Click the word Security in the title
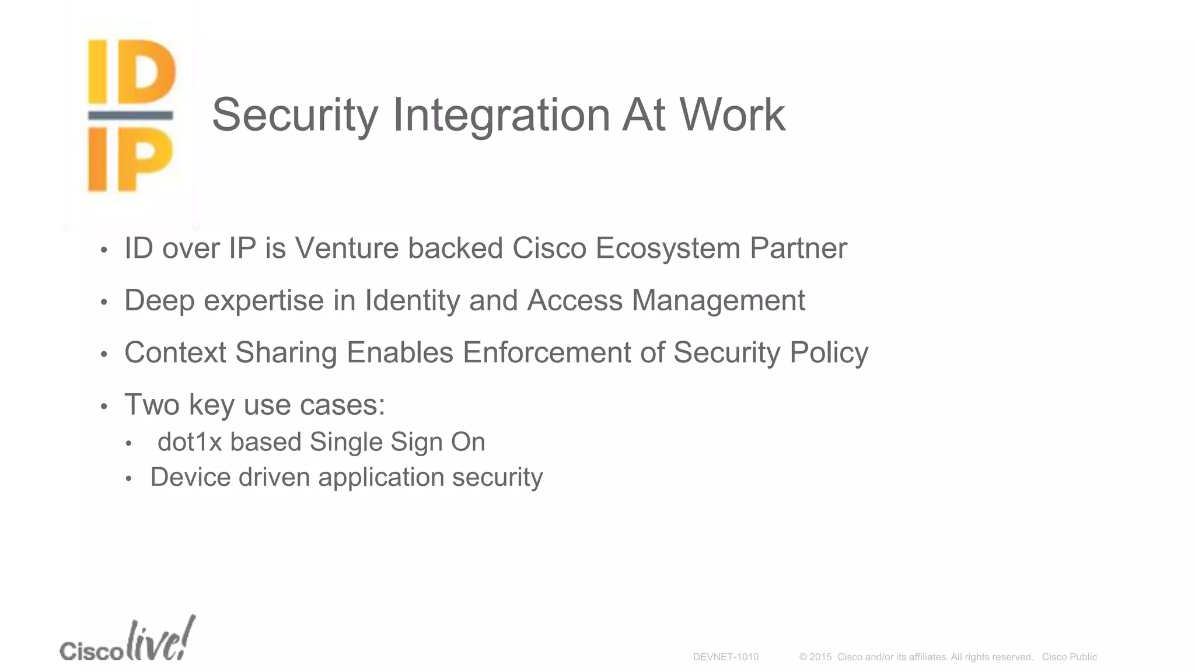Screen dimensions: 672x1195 (295, 115)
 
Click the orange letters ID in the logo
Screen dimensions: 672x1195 (132, 72)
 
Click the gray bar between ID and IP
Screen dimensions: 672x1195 (131, 116)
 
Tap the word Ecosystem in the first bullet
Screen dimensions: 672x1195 (668, 249)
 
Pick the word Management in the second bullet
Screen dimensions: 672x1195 (718, 301)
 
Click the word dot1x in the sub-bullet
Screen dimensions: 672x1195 (190, 442)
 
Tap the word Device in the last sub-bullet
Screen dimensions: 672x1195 (191, 477)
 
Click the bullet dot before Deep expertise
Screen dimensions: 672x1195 (104, 302)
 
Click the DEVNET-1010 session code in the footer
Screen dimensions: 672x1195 (725, 657)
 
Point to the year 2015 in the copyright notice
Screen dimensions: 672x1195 (820, 657)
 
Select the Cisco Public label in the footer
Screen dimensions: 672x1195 (1069, 657)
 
